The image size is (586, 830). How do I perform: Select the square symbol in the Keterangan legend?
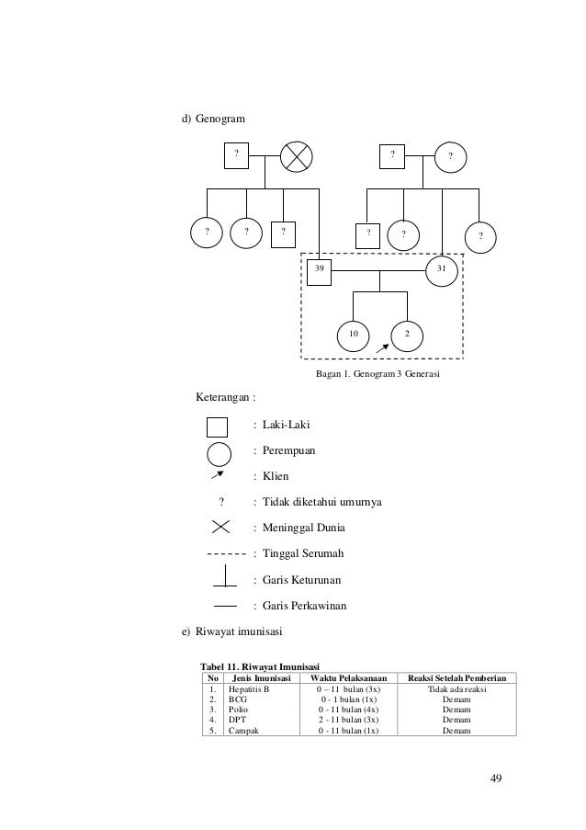click(x=217, y=427)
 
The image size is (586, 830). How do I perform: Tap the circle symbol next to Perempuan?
click(x=219, y=454)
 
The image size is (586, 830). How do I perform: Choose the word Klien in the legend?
click(x=276, y=477)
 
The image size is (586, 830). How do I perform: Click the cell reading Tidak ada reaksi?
click(x=456, y=688)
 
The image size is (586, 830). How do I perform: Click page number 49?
click(x=496, y=779)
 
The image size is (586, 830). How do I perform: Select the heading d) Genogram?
click(x=211, y=119)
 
